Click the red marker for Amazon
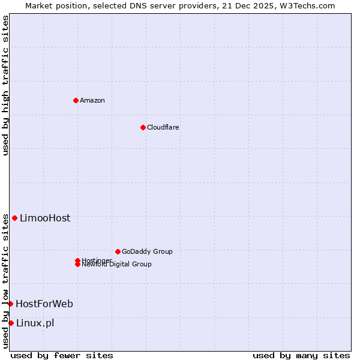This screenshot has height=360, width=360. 76,100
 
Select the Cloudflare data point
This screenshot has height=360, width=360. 143,127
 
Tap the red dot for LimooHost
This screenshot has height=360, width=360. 14,218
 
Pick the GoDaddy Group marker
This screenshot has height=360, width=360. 118,251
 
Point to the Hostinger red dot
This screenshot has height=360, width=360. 77,260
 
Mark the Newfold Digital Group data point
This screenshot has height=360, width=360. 77,264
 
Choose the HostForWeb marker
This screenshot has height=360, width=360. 10,304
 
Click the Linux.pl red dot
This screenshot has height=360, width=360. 11,323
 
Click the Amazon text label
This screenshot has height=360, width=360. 92,100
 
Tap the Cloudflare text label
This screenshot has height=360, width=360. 163,127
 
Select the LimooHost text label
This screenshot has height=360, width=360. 45,218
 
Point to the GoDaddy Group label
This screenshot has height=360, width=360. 147,251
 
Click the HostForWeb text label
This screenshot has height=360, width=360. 44,304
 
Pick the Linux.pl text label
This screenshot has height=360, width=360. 35,323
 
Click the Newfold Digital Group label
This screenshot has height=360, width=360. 117,265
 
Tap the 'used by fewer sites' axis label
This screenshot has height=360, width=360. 62,355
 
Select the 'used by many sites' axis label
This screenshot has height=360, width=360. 301,355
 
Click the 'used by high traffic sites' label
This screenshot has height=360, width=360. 5,85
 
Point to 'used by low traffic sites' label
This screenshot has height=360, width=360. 5,281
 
